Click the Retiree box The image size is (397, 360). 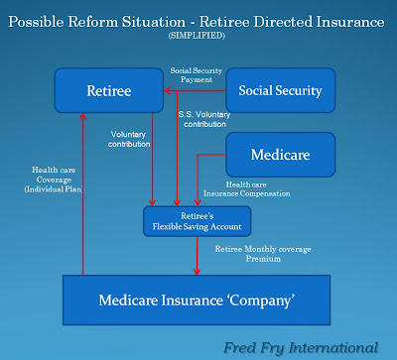(x=109, y=90)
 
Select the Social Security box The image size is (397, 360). (x=281, y=90)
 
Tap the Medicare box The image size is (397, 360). (x=281, y=155)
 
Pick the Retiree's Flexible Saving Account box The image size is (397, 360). (x=198, y=221)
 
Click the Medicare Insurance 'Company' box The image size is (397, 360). (x=197, y=300)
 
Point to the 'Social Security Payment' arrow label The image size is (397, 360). (x=197, y=75)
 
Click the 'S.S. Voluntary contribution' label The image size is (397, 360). (x=204, y=119)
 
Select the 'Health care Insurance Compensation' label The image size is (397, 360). (x=247, y=189)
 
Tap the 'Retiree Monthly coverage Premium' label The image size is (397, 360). (x=263, y=254)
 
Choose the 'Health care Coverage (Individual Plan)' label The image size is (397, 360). (x=54, y=180)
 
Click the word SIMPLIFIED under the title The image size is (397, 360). (x=197, y=36)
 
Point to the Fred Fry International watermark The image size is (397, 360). (x=301, y=348)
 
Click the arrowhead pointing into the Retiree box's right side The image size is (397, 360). (x=167, y=90)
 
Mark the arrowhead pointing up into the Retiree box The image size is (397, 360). (x=83, y=116)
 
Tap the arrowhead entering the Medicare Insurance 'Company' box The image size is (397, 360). (x=197, y=272)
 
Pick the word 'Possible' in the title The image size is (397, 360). (x=36, y=22)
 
